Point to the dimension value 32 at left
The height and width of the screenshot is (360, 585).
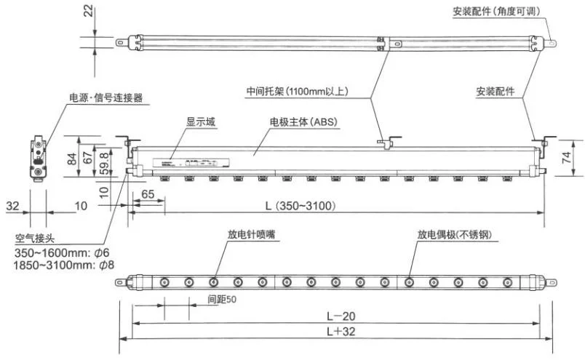(x=12, y=206)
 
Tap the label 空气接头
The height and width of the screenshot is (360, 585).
(x=36, y=238)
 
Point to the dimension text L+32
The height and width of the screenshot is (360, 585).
(x=335, y=332)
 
